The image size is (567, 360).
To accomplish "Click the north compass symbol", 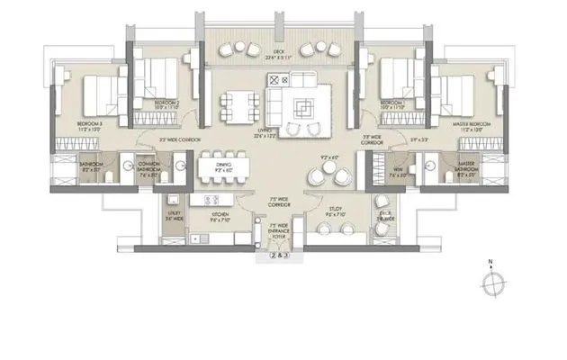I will (x=490, y=282).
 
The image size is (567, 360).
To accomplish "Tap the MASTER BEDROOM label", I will (x=471, y=121).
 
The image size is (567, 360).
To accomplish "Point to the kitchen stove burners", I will (x=212, y=200).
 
